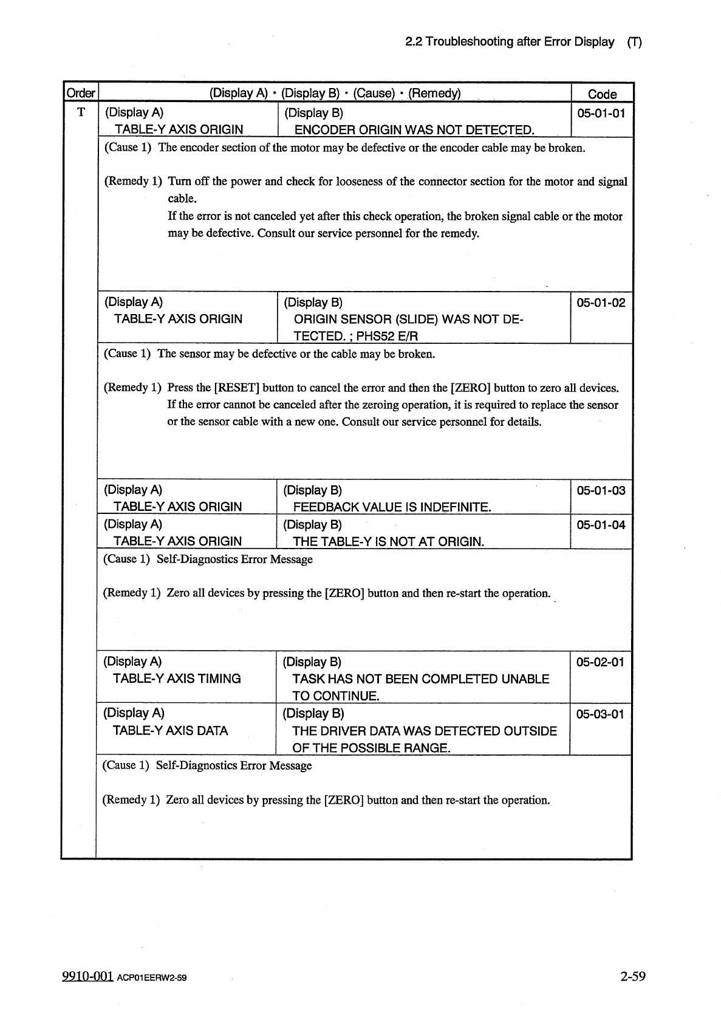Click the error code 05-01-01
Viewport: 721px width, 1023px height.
(601, 113)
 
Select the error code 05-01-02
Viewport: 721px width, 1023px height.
(601, 303)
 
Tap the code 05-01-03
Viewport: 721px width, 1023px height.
(601, 490)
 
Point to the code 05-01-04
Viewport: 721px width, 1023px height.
(601, 525)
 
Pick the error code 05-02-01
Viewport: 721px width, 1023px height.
(600, 662)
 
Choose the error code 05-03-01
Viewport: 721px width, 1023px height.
(600, 714)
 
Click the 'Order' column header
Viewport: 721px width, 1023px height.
(80, 94)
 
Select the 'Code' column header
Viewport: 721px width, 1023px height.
(602, 94)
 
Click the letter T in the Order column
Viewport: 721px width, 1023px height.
(81, 112)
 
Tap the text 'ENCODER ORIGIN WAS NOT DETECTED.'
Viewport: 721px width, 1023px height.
(414, 130)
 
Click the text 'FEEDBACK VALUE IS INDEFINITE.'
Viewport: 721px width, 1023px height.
(392, 507)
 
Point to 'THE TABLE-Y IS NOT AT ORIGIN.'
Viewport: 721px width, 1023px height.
(388, 542)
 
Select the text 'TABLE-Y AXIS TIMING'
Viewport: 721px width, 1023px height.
(177, 679)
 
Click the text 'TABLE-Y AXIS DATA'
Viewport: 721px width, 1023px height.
(170, 731)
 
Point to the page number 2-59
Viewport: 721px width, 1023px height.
(632, 976)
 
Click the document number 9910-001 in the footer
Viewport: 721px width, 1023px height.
(87, 976)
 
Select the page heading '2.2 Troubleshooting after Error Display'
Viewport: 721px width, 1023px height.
(510, 42)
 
